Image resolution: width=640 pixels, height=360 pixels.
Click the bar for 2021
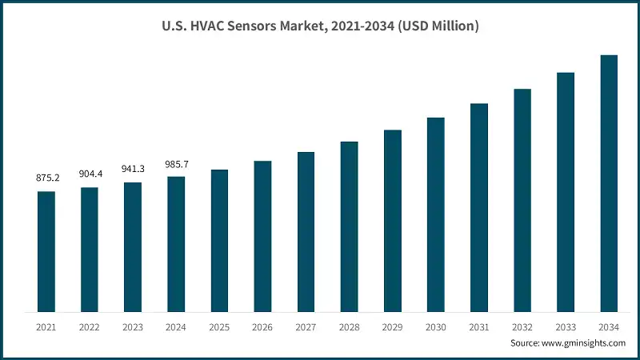pyautogui.click(x=46, y=251)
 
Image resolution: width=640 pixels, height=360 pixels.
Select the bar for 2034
pyautogui.click(x=609, y=183)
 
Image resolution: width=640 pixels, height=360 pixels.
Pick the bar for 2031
pyautogui.click(x=479, y=207)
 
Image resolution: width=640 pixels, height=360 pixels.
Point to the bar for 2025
pyautogui.click(x=219, y=240)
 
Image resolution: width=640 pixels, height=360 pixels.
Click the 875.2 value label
pyautogui.click(x=46, y=178)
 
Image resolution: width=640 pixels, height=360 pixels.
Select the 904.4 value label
pyautogui.click(x=90, y=174)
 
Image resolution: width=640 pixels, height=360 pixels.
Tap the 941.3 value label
pyautogui.click(x=133, y=169)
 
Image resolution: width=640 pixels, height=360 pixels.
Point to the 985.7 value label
pyautogui.click(x=176, y=163)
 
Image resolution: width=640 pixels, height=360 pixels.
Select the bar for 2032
pyautogui.click(x=522, y=200)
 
